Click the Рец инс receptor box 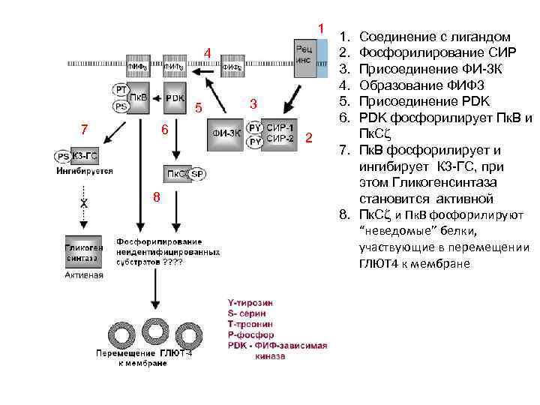click(x=309, y=58)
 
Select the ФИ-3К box click(x=226, y=133)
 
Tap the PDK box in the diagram click(x=175, y=98)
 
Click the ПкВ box click(x=139, y=98)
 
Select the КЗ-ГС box click(x=86, y=156)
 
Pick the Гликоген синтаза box click(x=82, y=253)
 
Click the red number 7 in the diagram click(x=85, y=128)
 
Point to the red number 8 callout click(x=156, y=197)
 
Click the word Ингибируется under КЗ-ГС click(x=85, y=171)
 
